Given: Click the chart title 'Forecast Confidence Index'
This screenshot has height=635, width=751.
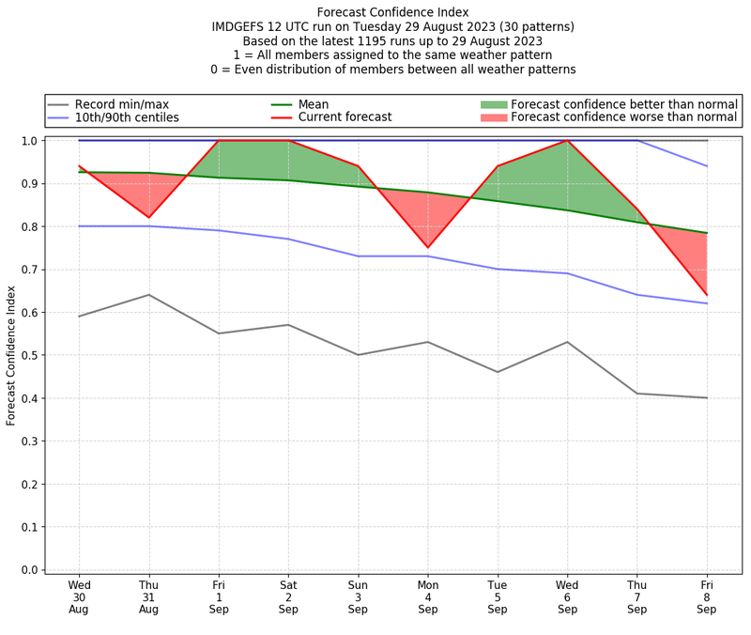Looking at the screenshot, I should pyautogui.click(x=392, y=12).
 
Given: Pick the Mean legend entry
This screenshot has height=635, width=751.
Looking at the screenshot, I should pyautogui.click(x=314, y=104).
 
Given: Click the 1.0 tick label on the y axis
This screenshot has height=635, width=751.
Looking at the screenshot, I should pyautogui.click(x=29, y=141).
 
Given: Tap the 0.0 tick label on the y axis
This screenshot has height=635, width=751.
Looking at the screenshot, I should pyautogui.click(x=29, y=569).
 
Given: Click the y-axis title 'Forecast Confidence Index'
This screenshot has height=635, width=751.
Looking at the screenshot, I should pyautogui.click(x=11, y=355).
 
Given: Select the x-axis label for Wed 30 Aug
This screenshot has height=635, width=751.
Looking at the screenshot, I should pyautogui.click(x=79, y=596).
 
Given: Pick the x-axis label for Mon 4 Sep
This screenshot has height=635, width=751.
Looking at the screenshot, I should pyautogui.click(x=428, y=596).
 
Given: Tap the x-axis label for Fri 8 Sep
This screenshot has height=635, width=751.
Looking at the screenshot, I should pyautogui.click(x=707, y=596).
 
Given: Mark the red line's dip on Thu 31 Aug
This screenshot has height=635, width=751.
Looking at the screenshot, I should pyautogui.click(x=148, y=218).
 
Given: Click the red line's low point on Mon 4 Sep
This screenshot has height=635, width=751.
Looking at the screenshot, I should pyautogui.click(x=428, y=248).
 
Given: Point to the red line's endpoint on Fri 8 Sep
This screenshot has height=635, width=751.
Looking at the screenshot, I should pyautogui.click(x=707, y=295).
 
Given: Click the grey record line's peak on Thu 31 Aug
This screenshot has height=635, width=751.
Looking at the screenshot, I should pyautogui.click(x=148, y=295).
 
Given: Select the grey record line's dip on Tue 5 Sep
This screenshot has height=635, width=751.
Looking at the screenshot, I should pyautogui.click(x=498, y=372).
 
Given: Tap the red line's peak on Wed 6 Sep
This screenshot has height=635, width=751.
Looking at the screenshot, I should pyautogui.click(x=567, y=141).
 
